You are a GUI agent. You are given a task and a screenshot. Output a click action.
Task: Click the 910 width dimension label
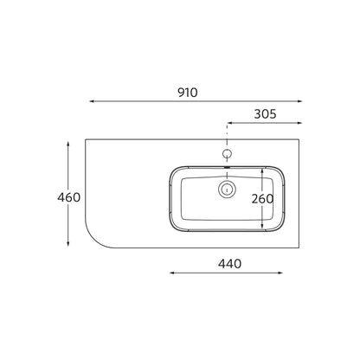pyautogui.click(x=188, y=93)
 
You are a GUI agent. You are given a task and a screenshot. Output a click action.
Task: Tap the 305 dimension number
pyautogui.click(x=265, y=114)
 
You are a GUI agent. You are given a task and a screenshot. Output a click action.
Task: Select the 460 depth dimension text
pyautogui.click(x=68, y=197)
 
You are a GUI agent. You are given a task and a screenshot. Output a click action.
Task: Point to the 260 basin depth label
pyautogui.click(x=262, y=199)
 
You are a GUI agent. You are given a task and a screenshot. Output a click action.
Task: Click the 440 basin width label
pyautogui.click(x=229, y=264)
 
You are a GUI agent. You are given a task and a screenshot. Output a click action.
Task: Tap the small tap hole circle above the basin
pyautogui.click(x=228, y=153)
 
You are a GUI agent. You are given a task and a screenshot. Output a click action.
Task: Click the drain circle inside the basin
pyautogui.click(x=228, y=190)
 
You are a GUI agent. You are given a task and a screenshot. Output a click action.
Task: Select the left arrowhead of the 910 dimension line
pyautogui.click(x=93, y=101)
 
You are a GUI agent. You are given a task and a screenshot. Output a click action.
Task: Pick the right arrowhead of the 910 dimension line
pyautogui.click(x=299, y=101)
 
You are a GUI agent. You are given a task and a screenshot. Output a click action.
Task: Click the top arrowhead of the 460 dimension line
pyautogui.click(x=68, y=145)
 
